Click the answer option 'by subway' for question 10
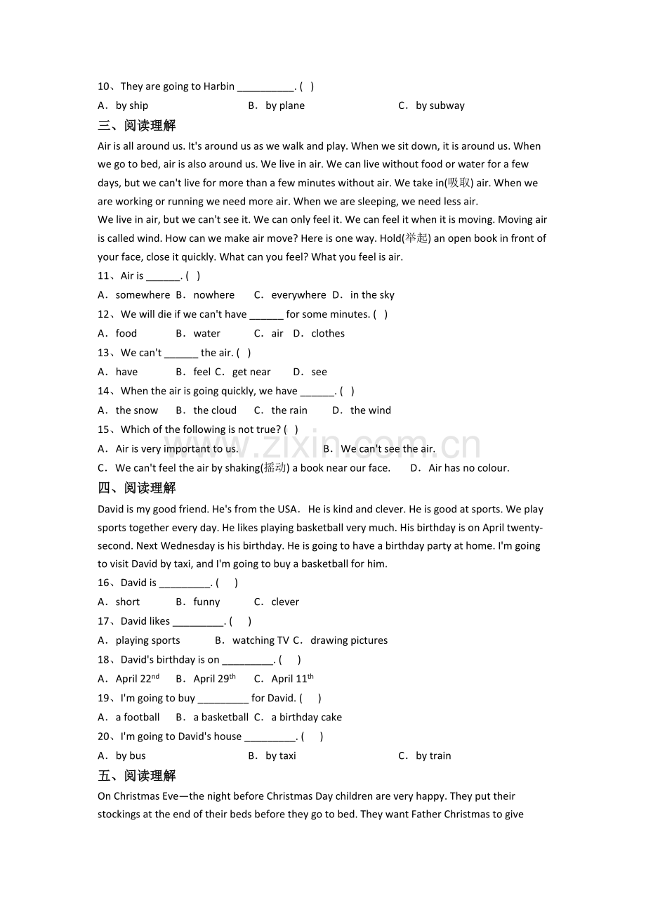pyautogui.click(x=440, y=106)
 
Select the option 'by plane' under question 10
pyautogui.click(x=285, y=106)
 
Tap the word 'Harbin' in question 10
pyautogui.click(x=218, y=86)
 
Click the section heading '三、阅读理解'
pyautogui.click(x=137, y=126)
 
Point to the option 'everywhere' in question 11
pyautogui.click(x=298, y=295)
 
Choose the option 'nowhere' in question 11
pyautogui.click(x=214, y=295)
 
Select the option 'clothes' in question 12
pyautogui.click(x=328, y=334)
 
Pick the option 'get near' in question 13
pyautogui.click(x=251, y=372)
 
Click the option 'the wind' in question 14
pyautogui.click(x=371, y=410)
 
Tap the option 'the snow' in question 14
pyautogui.click(x=137, y=410)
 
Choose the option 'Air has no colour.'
pyautogui.click(x=469, y=468)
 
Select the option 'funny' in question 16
pyautogui.click(x=206, y=602)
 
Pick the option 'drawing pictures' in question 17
pyautogui.click(x=349, y=641)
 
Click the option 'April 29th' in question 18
pyautogui.click(x=214, y=679)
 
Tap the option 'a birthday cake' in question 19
pyautogui.click(x=307, y=718)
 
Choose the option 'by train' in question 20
pyautogui.click(x=433, y=756)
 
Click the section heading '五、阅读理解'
pyautogui.click(x=137, y=776)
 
